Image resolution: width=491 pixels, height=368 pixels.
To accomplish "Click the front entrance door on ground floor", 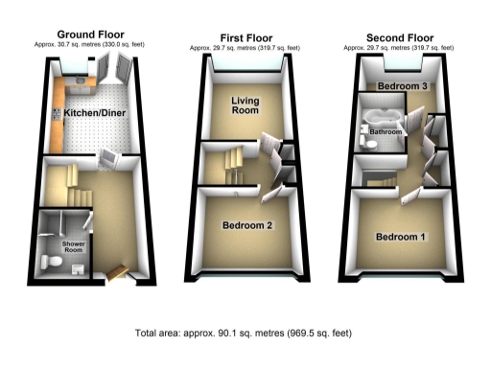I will point(120,271).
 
